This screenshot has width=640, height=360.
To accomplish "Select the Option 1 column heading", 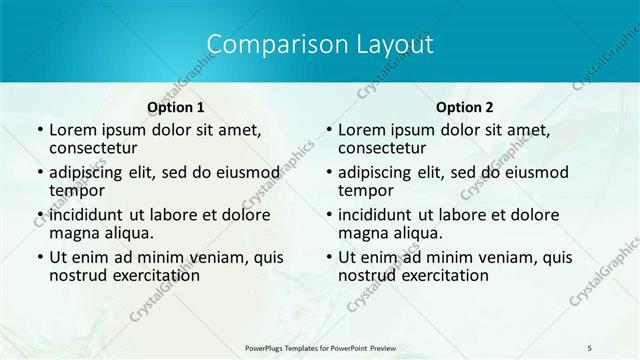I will tap(176, 107).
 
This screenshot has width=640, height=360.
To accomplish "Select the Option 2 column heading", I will tap(465, 107).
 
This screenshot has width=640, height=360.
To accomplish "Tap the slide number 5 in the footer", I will tap(589, 346).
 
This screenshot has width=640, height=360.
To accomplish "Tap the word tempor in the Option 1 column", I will tap(77, 191).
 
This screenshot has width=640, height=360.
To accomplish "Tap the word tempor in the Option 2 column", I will tap(365, 191).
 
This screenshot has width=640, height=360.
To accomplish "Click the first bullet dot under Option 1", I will tap(39, 130).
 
